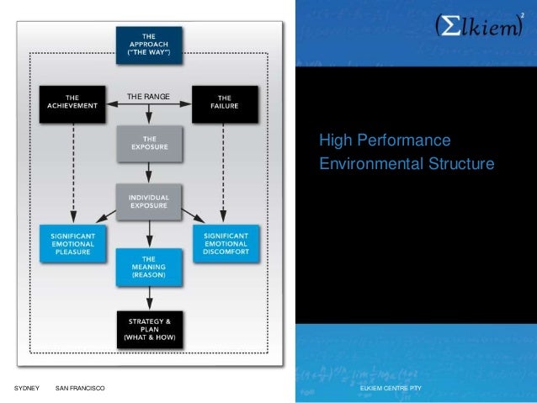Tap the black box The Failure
coord(222,103)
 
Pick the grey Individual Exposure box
coord(148,201)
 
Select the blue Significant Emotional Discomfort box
coord(225,243)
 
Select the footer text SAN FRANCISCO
coord(80,388)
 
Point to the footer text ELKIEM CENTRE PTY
coord(391,388)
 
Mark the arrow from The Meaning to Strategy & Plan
coord(148,297)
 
